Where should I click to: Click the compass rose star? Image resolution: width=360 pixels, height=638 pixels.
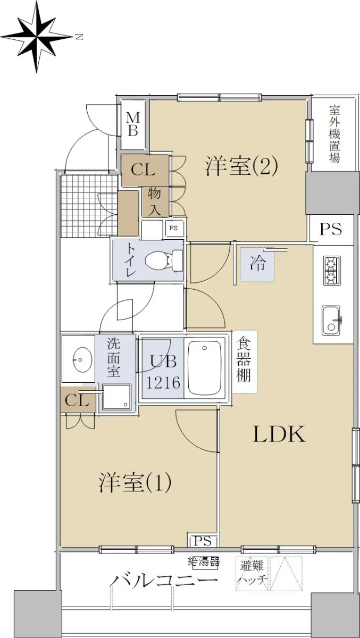tap(37, 37)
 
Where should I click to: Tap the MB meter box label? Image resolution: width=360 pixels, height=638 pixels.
tap(133, 124)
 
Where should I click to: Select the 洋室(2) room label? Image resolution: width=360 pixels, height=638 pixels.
tap(241, 166)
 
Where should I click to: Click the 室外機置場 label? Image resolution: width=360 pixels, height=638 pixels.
tap(334, 134)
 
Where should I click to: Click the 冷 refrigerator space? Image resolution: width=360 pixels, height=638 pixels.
tap(257, 264)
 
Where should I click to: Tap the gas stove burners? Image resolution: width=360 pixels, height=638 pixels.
tap(332, 270)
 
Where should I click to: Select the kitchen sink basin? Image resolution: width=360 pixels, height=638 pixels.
tap(331, 321)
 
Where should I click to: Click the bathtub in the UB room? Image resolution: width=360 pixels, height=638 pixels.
tap(205, 368)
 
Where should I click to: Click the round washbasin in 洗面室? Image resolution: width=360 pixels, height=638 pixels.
tap(82, 359)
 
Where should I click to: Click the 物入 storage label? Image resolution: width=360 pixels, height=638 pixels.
tap(155, 202)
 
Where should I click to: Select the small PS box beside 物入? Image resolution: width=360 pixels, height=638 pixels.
tap(173, 228)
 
